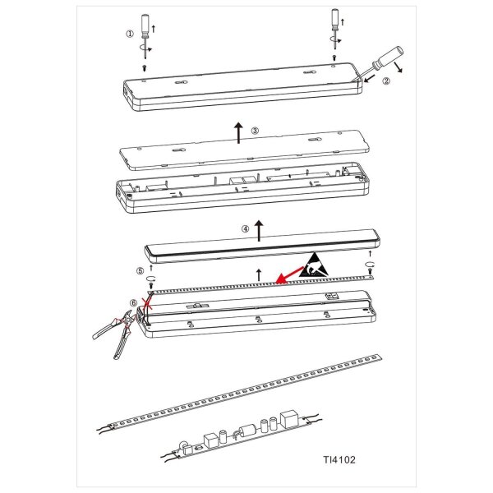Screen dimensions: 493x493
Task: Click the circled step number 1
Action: (x=130, y=34)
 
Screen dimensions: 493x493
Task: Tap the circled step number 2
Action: (x=386, y=81)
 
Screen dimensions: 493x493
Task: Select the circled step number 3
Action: (x=255, y=131)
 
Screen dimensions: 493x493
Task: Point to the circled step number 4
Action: (x=245, y=229)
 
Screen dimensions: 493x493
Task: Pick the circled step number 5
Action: (x=141, y=270)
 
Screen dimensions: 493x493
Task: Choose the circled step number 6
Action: (x=134, y=302)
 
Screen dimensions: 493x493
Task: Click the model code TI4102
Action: (x=339, y=459)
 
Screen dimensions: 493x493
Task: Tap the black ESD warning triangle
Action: (x=315, y=265)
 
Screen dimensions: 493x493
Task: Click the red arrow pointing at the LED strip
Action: (x=289, y=274)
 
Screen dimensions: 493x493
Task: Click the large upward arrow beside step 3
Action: (x=238, y=133)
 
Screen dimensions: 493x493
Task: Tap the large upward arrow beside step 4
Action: (x=259, y=231)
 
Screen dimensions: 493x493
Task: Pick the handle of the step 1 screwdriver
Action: (x=145, y=25)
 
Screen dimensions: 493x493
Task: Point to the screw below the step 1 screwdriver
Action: (x=145, y=68)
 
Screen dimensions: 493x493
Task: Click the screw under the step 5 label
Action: (x=151, y=285)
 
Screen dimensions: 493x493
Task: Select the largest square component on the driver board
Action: (x=289, y=418)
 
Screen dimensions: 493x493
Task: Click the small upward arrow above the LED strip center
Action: (x=259, y=274)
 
